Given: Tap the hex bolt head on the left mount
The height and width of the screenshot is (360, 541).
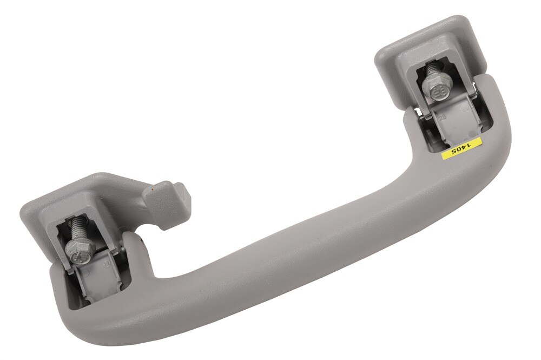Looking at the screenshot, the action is coord(75,250).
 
